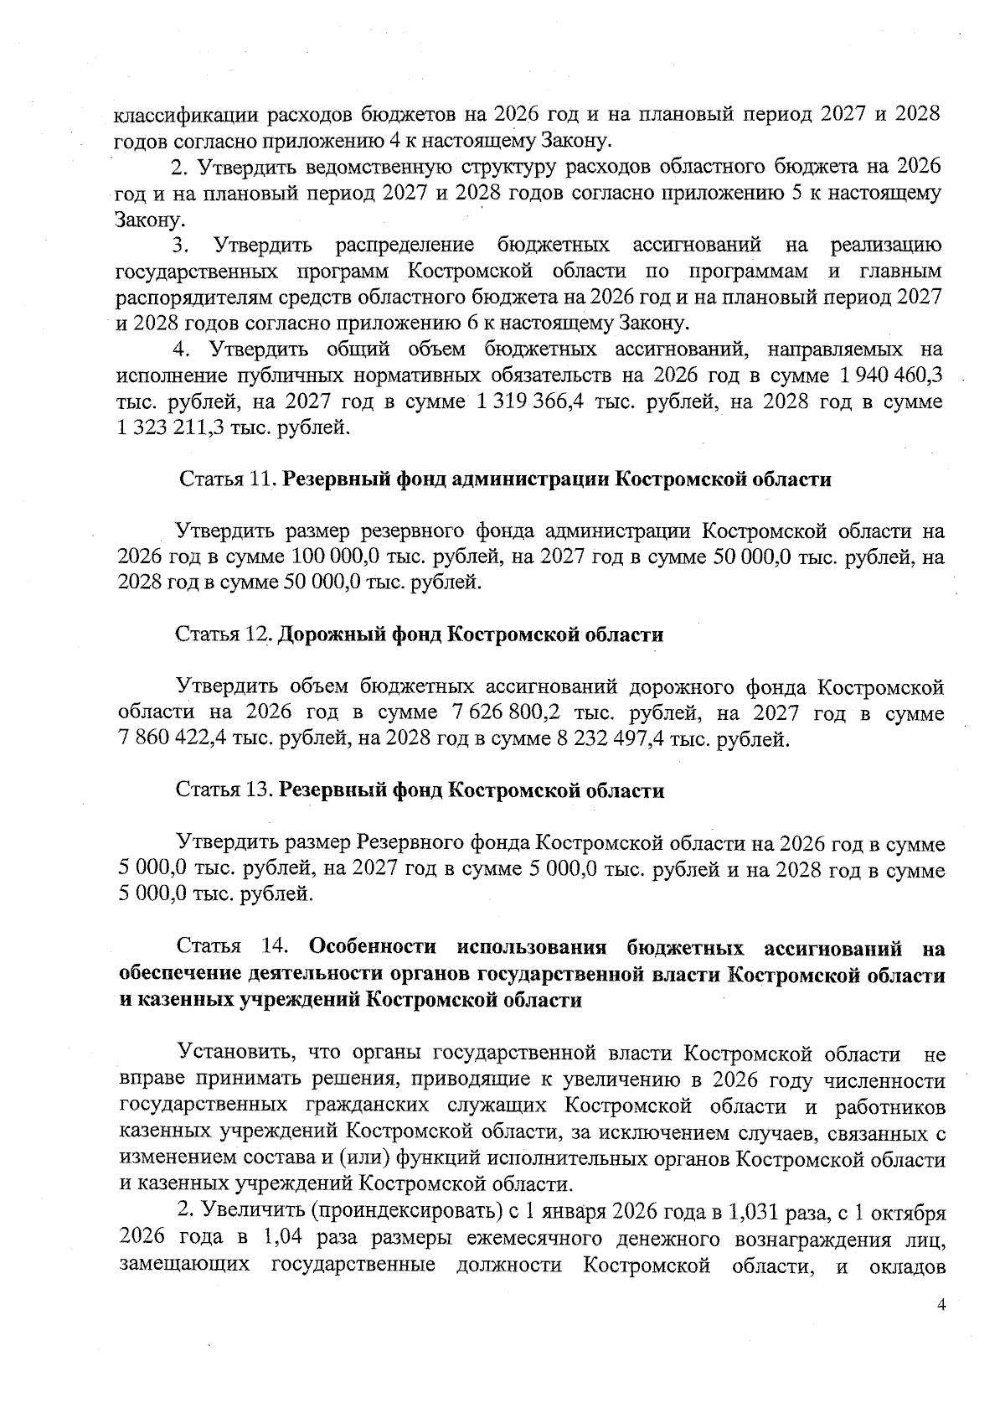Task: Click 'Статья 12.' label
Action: tap(224, 634)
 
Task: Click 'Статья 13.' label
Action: tap(224, 790)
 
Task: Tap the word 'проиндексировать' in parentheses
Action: tap(402, 1213)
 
